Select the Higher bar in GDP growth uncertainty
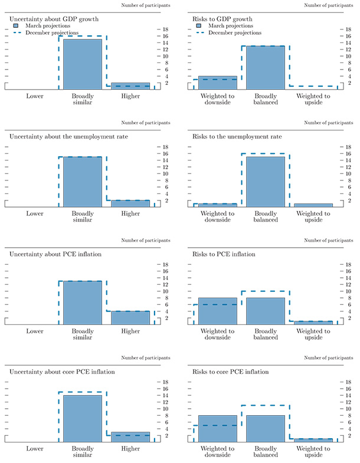[x=130, y=86]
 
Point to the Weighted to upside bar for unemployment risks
[x=313, y=205]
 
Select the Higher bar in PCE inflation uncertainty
[x=130, y=317]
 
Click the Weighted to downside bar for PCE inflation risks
[x=217, y=311]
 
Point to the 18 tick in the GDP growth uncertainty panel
[x=166, y=29]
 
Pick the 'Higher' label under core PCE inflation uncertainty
[x=130, y=448]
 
